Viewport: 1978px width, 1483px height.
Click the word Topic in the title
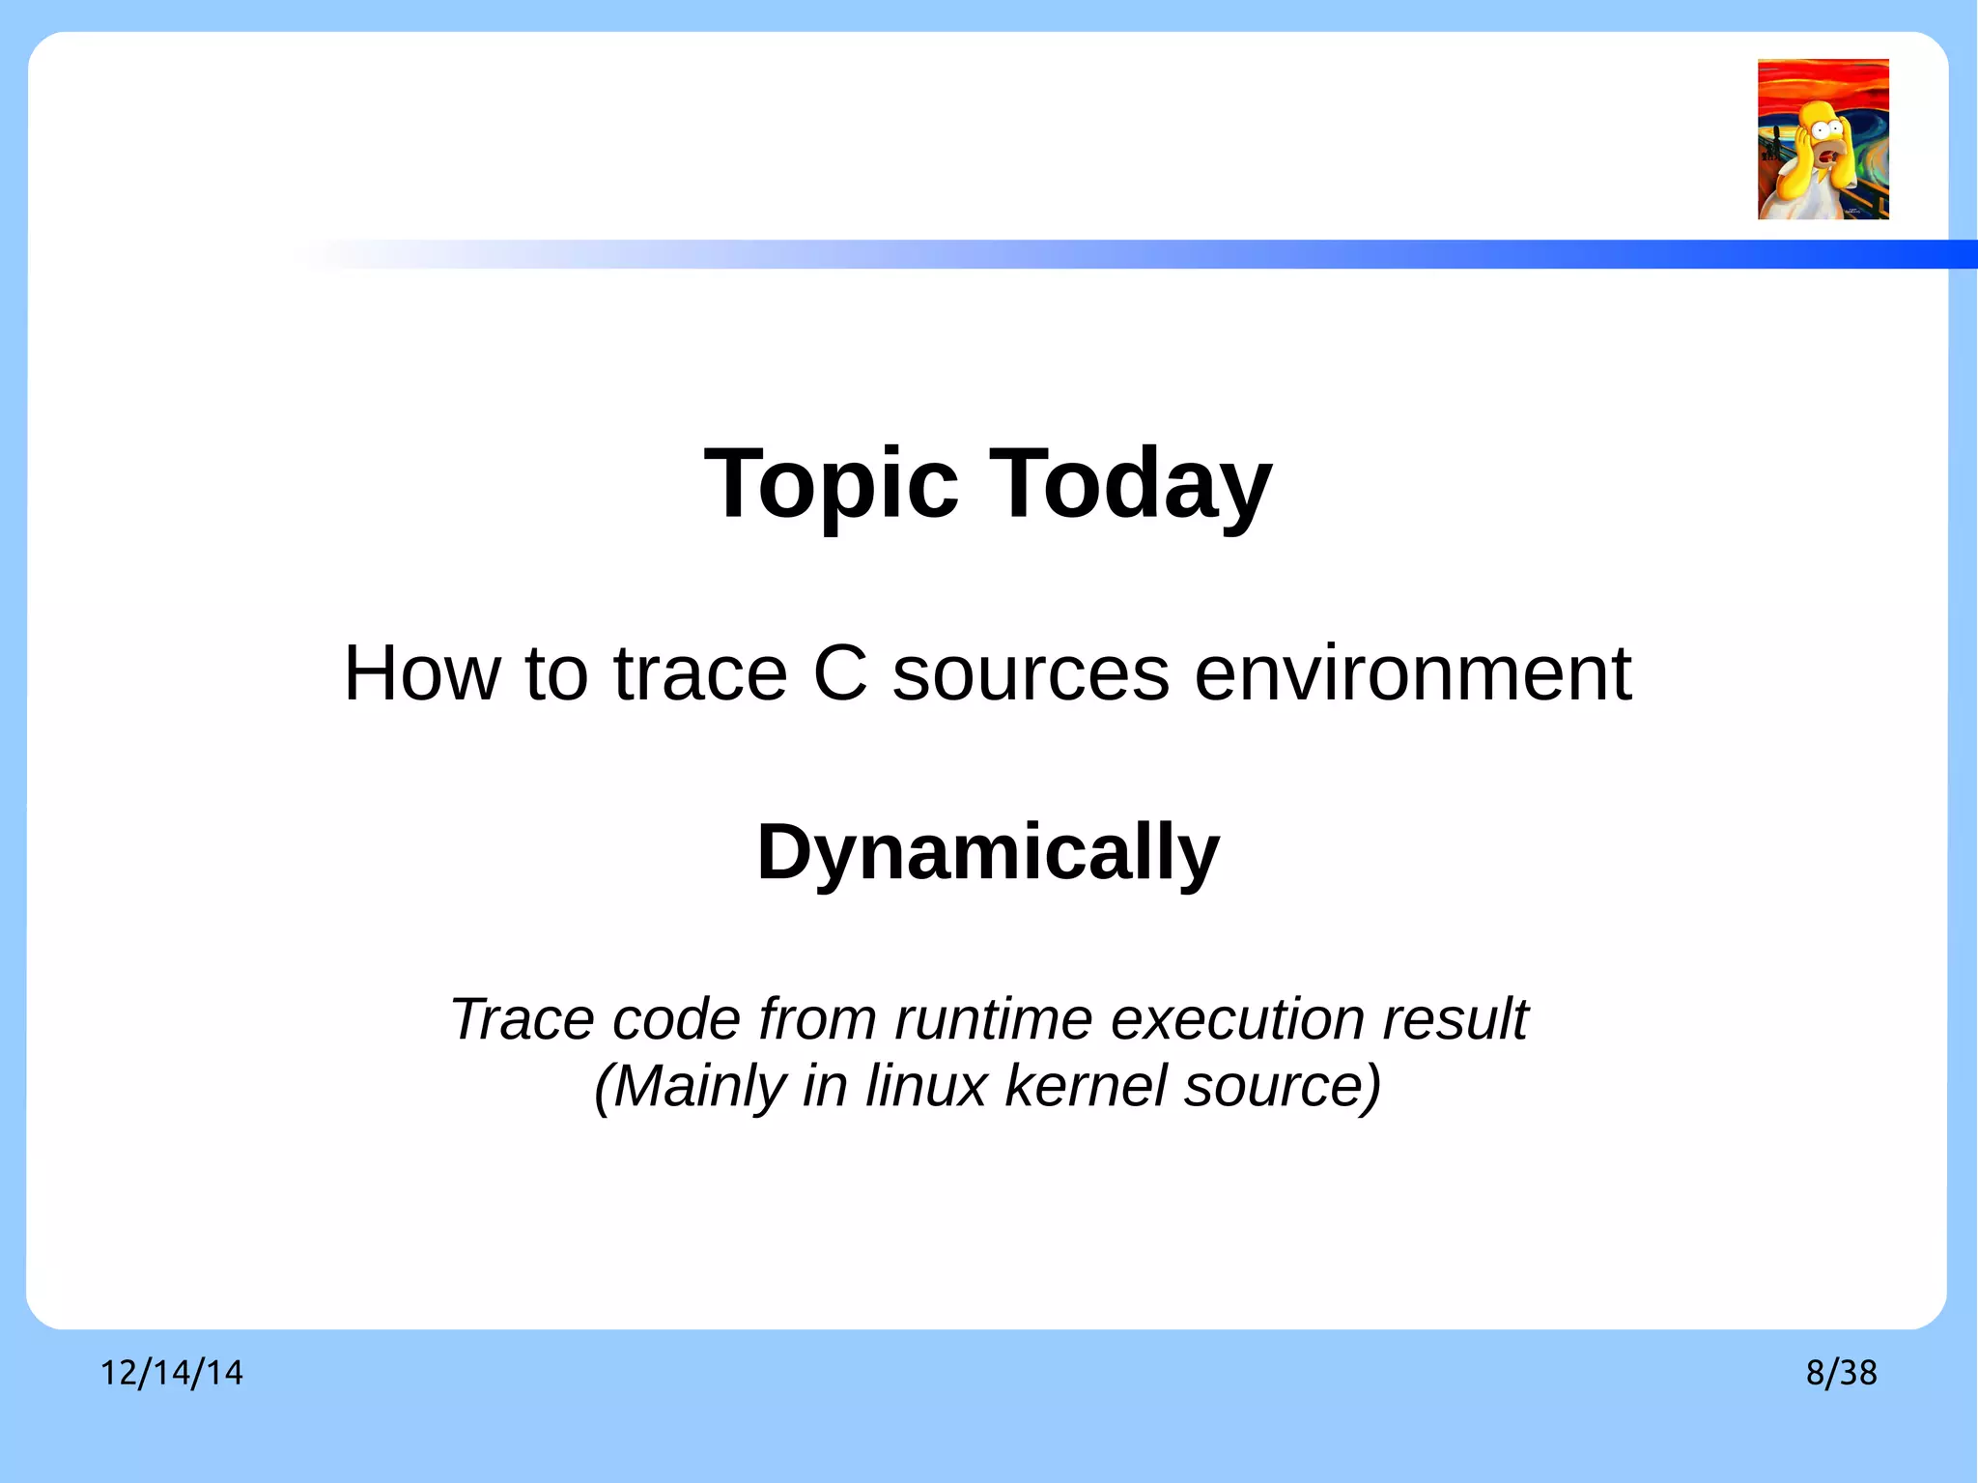(832, 485)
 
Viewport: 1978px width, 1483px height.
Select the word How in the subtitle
(422, 673)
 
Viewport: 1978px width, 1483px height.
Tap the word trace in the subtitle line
(700, 673)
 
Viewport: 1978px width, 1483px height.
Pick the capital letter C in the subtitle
(840, 673)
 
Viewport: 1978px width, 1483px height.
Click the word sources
(1031, 673)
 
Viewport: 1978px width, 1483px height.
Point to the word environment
(1412, 673)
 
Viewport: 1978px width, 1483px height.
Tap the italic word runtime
(995, 1019)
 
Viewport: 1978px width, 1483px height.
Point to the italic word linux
(925, 1086)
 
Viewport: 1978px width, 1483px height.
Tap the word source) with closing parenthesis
(1283, 1087)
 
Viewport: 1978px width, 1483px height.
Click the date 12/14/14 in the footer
(172, 1373)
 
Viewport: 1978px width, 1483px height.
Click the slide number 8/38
(1841, 1373)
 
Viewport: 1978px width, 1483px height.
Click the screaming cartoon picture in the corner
(1823, 139)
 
